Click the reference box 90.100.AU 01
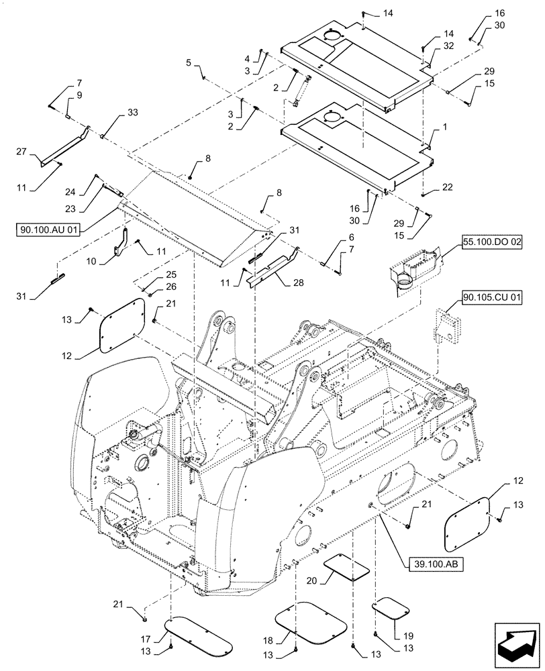[x=50, y=230]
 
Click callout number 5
[x=189, y=62]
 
